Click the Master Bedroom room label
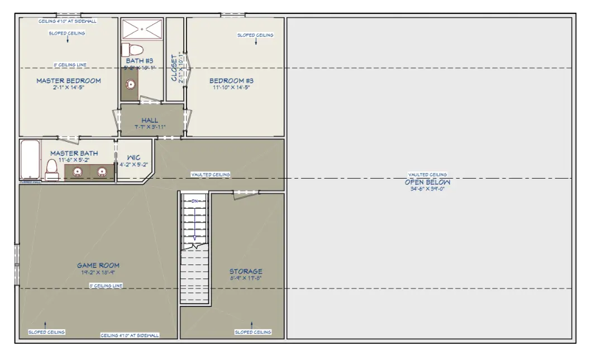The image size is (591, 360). click(69, 81)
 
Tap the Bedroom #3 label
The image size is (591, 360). click(231, 81)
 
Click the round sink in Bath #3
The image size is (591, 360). click(130, 85)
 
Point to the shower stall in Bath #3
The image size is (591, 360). click(142, 28)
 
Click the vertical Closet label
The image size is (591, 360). click(174, 69)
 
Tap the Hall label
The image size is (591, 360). click(150, 120)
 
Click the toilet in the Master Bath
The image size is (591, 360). click(52, 169)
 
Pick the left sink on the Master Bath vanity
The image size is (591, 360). click(78, 172)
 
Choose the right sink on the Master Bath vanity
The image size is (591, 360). click(102, 172)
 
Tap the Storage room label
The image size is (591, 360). click(246, 272)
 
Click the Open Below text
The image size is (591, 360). click(427, 182)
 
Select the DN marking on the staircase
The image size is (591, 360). click(195, 200)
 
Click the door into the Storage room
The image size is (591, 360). click(246, 193)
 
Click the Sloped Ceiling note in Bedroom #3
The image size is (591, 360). click(255, 35)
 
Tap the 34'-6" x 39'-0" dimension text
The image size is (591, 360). click(427, 189)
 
